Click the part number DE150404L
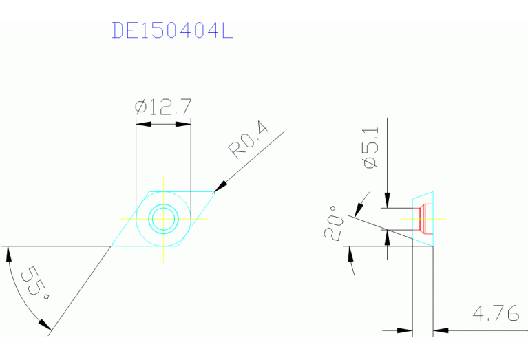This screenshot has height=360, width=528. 173,31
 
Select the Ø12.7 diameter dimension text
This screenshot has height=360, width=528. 163,107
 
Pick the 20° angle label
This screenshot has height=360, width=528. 335,222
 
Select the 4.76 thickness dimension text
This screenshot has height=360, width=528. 495,314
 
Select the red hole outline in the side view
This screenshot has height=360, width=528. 425,219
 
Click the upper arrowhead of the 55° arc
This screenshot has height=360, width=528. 8,253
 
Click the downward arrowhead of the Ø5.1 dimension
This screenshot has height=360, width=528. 388,200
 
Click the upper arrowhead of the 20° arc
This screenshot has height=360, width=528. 361,204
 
